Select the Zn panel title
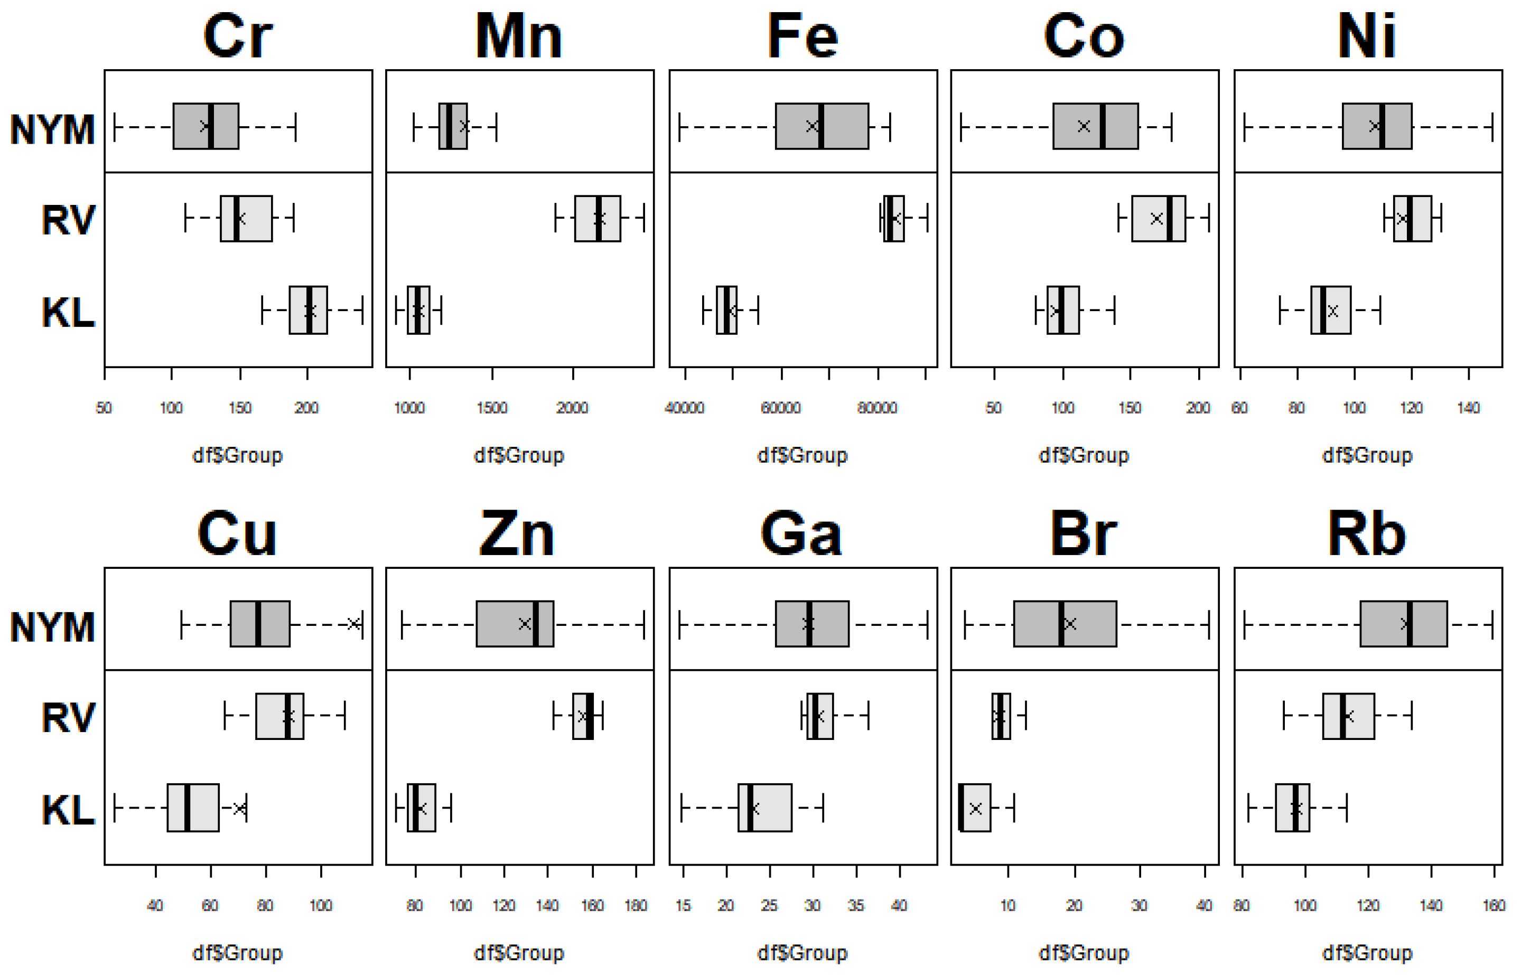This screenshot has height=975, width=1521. click(517, 535)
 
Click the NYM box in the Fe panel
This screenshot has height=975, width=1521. click(822, 126)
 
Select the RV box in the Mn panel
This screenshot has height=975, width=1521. click(597, 219)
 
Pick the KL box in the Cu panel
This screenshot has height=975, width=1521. click(193, 808)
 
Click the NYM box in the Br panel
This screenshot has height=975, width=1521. click(1065, 624)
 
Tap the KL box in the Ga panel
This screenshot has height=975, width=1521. click(764, 808)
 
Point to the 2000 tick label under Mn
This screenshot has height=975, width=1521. click(573, 408)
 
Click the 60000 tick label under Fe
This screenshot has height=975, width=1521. click(781, 408)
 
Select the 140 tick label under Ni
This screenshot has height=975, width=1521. click(1468, 408)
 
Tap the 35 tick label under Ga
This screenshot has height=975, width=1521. click(856, 906)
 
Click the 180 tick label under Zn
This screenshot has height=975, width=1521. click(636, 906)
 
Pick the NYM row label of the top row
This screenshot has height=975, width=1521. click(52, 130)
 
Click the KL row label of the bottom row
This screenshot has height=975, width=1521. click(68, 810)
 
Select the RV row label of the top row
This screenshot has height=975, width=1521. click(68, 220)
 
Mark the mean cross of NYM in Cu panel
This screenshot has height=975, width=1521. click(354, 624)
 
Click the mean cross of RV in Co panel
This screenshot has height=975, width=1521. click(1156, 219)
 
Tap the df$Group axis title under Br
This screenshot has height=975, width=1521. click(1084, 953)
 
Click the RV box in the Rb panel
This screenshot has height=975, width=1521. click(1348, 716)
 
